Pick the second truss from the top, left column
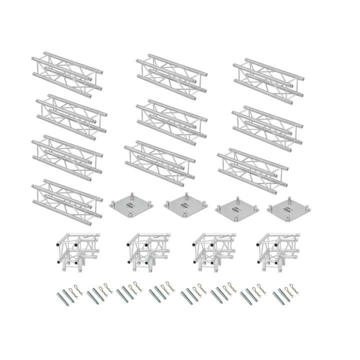tap(71, 116)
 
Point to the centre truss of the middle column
tap(171, 119)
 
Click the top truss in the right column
tap(268, 78)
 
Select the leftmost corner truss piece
tap(73, 248)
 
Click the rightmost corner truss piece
tap(276, 248)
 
